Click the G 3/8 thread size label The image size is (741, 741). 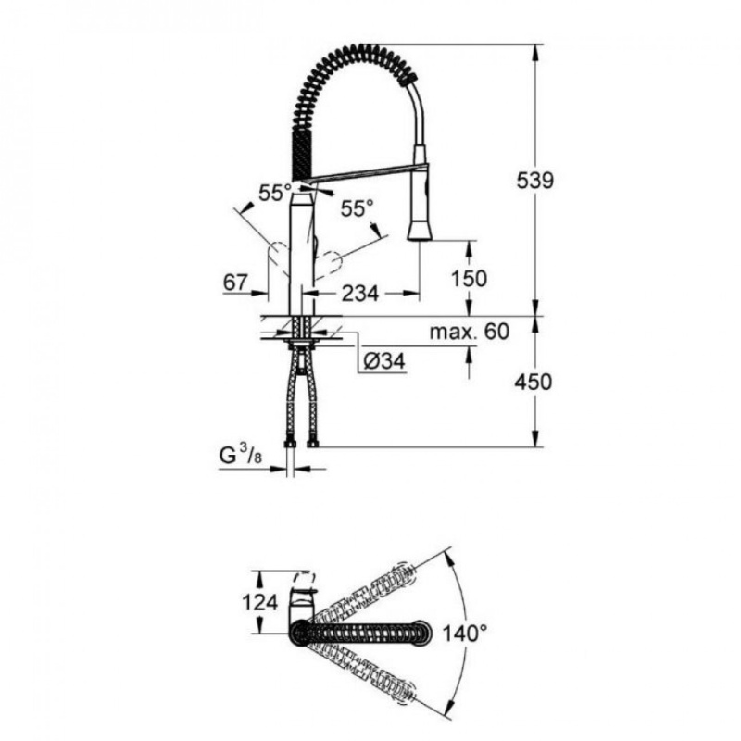[x=242, y=456]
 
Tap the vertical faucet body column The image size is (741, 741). [x=303, y=250]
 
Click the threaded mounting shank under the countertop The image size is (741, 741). [x=303, y=330]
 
